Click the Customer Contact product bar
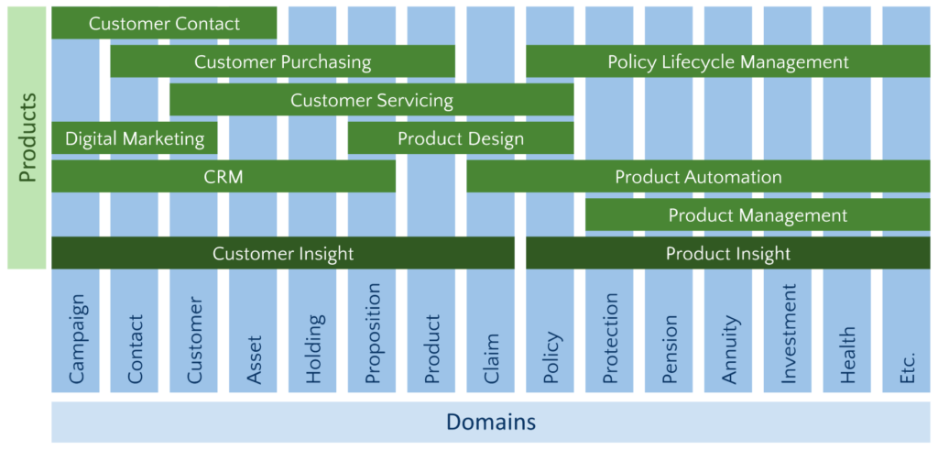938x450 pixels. click(x=164, y=23)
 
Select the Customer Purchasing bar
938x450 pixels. click(x=283, y=61)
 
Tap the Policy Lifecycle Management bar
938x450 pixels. click(x=728, y=61)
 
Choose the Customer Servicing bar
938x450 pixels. click(x=372, y=99)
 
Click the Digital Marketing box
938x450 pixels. click(x=135, y=138)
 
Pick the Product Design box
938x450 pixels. click(x=461, y=138)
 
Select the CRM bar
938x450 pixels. click(x=224, y=176)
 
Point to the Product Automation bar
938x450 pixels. click(x=699, y=176)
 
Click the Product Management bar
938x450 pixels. click(x=758, y=214)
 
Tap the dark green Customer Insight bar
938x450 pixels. click(x=283, y=253)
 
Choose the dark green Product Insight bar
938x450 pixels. click(x=728, y=253)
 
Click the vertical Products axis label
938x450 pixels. click(x=27, y=137)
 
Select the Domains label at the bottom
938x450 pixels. click(x=491, y=423)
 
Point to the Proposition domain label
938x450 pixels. click(x=372, y=334)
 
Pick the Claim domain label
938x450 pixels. click(x=491, y=359)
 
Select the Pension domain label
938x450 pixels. click(x=669, y=349)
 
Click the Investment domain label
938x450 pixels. click(x=788, y=334)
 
